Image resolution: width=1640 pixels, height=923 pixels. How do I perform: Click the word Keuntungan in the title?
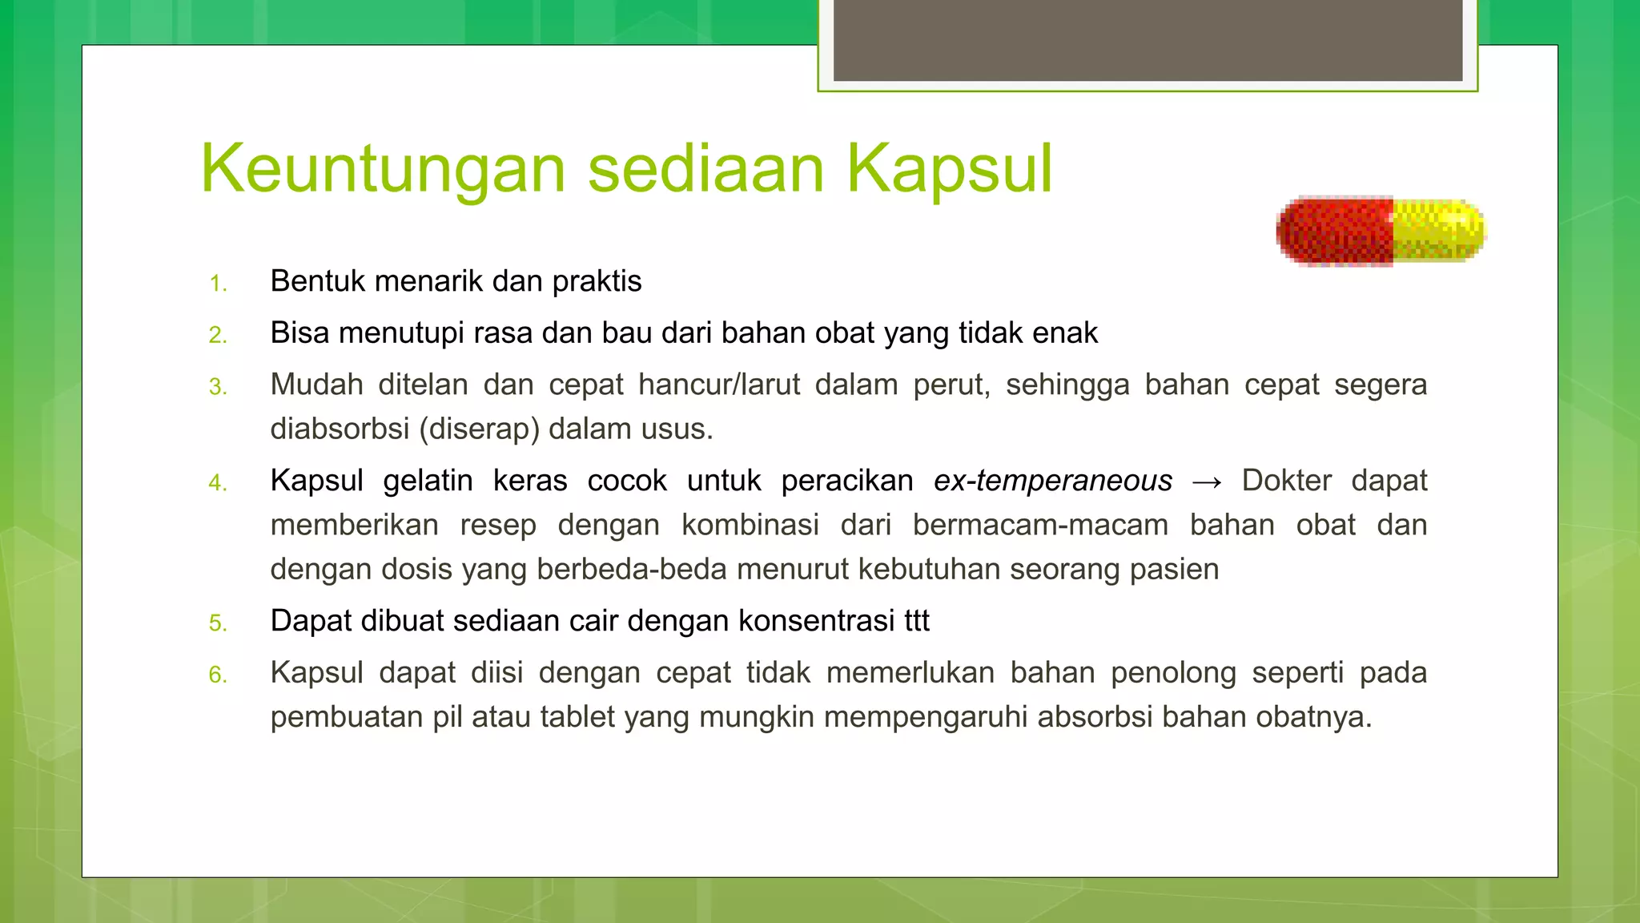click(384, 169)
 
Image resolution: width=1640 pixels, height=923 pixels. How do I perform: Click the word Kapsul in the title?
click(949, 169)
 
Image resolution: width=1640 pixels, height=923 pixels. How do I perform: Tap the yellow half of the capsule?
click(1438, 230)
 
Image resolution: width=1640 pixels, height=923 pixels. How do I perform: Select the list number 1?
click(218, 284)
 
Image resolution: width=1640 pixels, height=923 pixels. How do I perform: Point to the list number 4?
click(218, 483)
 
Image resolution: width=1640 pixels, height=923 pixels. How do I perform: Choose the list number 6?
click(218, 675)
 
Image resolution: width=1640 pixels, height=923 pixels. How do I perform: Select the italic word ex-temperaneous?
click(1052, 481)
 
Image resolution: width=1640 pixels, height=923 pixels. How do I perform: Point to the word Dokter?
click(1286, 481)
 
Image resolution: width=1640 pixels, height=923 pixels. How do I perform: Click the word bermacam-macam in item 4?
click(1040, 526)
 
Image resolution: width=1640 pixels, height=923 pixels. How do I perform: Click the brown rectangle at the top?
click(1148, 40)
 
